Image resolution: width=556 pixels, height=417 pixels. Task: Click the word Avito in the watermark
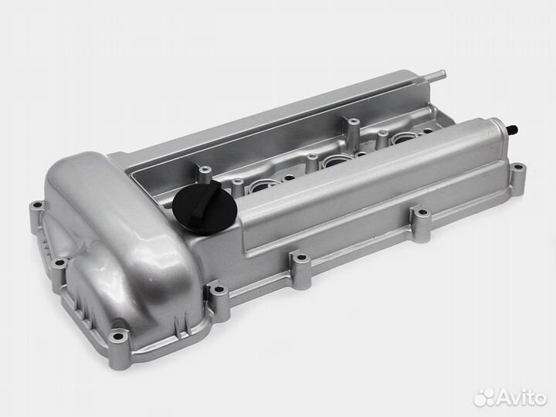(x=522, y=398)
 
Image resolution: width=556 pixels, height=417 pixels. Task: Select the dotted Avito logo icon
(x=484, y=398)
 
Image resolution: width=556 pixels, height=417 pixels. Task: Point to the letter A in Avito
(x=505, y=398)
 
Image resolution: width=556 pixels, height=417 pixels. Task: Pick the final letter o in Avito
(x=541, y=400)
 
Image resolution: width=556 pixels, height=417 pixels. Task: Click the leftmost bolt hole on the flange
(x=36, y=205)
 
